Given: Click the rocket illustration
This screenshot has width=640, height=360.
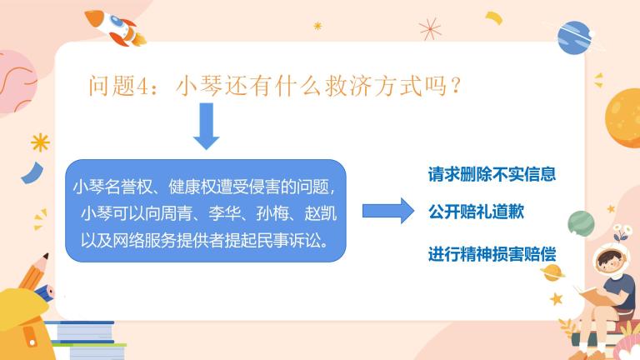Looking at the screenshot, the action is [115, 27].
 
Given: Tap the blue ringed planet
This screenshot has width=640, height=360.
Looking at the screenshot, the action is [575, 38].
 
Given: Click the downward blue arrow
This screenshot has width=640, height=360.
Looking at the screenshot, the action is [206, 126].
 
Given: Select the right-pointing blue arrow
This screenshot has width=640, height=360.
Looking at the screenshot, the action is [388, 211].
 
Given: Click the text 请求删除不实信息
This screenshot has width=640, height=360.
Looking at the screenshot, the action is [492, 174].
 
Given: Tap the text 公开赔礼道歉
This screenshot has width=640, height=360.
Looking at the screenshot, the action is [476, 212].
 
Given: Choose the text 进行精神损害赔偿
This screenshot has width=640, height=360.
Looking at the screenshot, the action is [492, 254].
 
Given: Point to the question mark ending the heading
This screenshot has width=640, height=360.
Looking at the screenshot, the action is [456, 86].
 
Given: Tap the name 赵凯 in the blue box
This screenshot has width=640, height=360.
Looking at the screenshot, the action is [320, 213].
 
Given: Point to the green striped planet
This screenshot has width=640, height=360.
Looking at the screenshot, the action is [581, 223].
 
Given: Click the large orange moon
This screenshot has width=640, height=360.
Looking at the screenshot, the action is [622, 117].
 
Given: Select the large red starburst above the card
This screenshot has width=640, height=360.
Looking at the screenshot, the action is [430, 29].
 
